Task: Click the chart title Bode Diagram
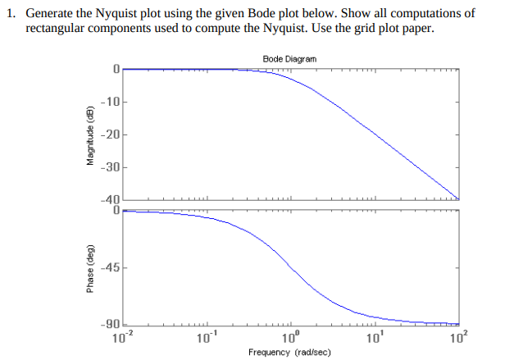(289, 59)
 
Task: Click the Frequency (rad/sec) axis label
(289, 352)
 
